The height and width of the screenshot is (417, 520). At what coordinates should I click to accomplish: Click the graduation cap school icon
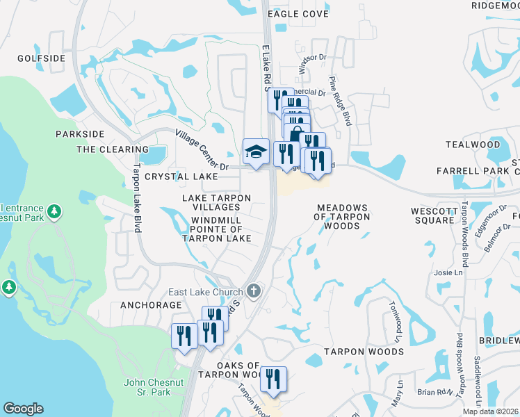256,152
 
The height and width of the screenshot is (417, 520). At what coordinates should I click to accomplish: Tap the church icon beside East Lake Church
254,291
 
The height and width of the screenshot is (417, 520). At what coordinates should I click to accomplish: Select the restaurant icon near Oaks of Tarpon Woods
274,379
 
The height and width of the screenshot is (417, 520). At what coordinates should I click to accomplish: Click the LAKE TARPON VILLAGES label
216,203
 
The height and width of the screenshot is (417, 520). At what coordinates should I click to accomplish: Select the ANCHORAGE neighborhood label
151,305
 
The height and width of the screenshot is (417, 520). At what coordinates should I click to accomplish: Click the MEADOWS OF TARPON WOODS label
341,217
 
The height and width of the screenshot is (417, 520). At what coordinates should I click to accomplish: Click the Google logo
23,409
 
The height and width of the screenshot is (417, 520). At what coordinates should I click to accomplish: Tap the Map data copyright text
491,411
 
